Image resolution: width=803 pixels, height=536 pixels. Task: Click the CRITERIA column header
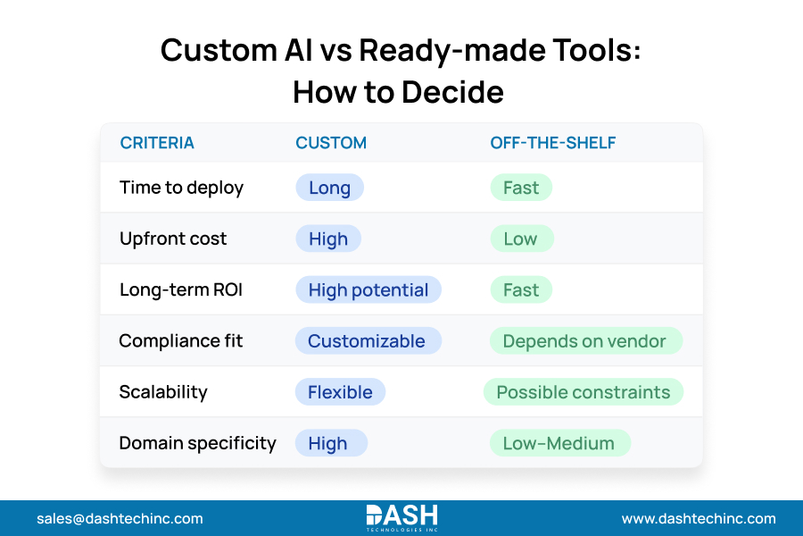click(157, 143)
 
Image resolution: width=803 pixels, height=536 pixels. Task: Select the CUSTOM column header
click(331, 143)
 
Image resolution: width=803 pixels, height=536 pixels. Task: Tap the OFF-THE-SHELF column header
click(552, 143)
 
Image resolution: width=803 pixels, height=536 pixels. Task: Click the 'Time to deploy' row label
click(181, 188)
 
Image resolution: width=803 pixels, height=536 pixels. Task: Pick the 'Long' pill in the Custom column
click(329, 188)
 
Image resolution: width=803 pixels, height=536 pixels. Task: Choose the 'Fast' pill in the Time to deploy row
click(521, 188)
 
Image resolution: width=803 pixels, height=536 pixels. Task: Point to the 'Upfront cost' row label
click(173, 239)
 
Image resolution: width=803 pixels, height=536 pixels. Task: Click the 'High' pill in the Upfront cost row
click(328, 239)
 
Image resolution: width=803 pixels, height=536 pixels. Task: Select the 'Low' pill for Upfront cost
click(521, 239)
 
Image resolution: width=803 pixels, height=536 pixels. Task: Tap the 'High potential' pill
click(368, 289)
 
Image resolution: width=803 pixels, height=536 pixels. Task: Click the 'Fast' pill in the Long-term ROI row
click(521, 289)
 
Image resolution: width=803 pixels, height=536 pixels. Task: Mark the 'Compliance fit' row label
click(181, 341)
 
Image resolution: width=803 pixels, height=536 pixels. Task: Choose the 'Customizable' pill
click(367, 341)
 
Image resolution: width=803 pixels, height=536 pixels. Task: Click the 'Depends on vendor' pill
click(585, 341)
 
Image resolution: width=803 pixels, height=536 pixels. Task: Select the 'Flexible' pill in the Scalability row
click(340, 392)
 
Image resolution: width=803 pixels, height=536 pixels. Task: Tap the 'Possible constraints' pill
click(584, 392)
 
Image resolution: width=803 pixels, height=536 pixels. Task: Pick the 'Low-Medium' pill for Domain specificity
click(559, 443)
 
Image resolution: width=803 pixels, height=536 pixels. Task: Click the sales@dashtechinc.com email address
click(120, 518)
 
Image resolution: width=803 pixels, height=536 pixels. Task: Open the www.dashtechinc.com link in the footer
click(699, 518)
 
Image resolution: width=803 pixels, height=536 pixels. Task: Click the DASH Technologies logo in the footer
click(401, 517)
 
